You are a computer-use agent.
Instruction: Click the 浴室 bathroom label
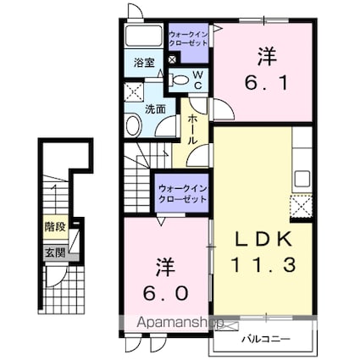click(142, 62)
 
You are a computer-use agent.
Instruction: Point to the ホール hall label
click(192, 130)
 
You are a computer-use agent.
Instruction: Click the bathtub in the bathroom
click(142, 36)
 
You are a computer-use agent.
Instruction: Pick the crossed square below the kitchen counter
click(302, 205)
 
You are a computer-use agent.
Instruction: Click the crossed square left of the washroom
click(133, 92)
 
